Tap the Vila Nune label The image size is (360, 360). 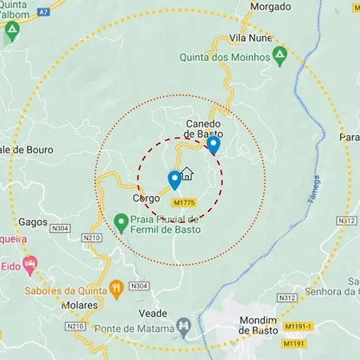click(250, 38)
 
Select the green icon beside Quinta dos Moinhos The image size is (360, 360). click(279, 56)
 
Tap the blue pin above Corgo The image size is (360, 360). click(174, 180)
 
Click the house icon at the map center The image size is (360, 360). click(187, 174)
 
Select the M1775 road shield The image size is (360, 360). click(183, 203)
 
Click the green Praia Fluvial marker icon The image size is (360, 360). click(121, 221)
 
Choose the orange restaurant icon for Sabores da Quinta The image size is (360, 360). click(116, 286)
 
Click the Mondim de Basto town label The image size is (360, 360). click(254, 324)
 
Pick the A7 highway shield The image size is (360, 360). click(44, 10)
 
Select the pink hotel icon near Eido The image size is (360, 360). click(30, 262)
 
